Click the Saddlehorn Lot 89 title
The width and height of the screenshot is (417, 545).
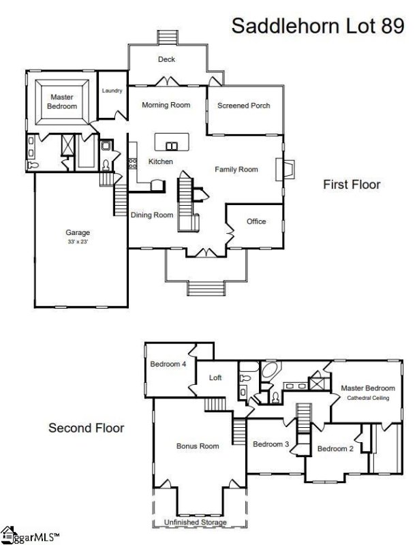318,26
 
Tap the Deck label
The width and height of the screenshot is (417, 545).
166,59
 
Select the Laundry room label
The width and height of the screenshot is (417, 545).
112,91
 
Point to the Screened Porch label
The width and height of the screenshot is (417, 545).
244,106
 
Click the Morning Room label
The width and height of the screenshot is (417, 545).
166,105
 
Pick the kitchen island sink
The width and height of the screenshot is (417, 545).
172,146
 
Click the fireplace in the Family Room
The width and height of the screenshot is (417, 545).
285,170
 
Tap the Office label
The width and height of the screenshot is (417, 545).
256,221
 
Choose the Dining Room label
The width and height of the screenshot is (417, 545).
152,215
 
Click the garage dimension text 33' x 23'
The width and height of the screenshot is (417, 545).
78,242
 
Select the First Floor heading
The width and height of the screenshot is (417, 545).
352,184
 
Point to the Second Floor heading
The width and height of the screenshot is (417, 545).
86,428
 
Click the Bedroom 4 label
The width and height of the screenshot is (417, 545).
168,364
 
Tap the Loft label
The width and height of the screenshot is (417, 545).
215,377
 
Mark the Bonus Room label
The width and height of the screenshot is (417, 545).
198,446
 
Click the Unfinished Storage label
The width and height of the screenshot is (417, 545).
196,522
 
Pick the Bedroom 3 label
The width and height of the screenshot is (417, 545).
271,444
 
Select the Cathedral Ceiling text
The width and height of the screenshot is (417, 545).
368,398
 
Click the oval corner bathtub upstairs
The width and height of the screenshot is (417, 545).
270,371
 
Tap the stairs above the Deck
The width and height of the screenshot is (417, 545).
168,37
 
